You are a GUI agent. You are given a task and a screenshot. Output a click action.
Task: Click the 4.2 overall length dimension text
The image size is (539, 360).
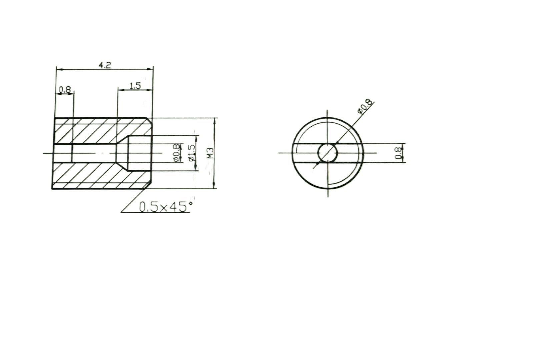coord(105,65)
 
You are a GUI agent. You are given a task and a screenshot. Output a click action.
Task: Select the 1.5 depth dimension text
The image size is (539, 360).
coord(135,86)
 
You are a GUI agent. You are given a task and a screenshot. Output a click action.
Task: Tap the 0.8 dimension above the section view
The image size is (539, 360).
coord(65,89)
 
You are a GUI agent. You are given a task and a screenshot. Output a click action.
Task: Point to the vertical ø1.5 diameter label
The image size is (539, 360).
coord(191,153)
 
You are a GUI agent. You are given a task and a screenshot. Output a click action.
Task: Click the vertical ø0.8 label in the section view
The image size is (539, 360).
coord(177,153)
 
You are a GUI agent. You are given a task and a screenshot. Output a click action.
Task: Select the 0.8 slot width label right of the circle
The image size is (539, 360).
coord(398,153)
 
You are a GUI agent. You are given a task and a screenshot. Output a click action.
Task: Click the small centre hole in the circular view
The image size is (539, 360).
coord(328,153)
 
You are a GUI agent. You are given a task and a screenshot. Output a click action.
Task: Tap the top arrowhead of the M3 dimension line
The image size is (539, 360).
coord(214,121)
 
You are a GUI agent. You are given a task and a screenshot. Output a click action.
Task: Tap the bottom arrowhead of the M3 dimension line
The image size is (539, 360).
coord(214,186)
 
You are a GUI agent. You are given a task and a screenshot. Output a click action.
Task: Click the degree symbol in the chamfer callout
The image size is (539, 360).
coord(190,203)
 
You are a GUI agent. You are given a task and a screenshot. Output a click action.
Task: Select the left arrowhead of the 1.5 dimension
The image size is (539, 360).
coord(120,90)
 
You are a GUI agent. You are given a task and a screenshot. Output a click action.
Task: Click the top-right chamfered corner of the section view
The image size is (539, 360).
coord(150,120)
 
